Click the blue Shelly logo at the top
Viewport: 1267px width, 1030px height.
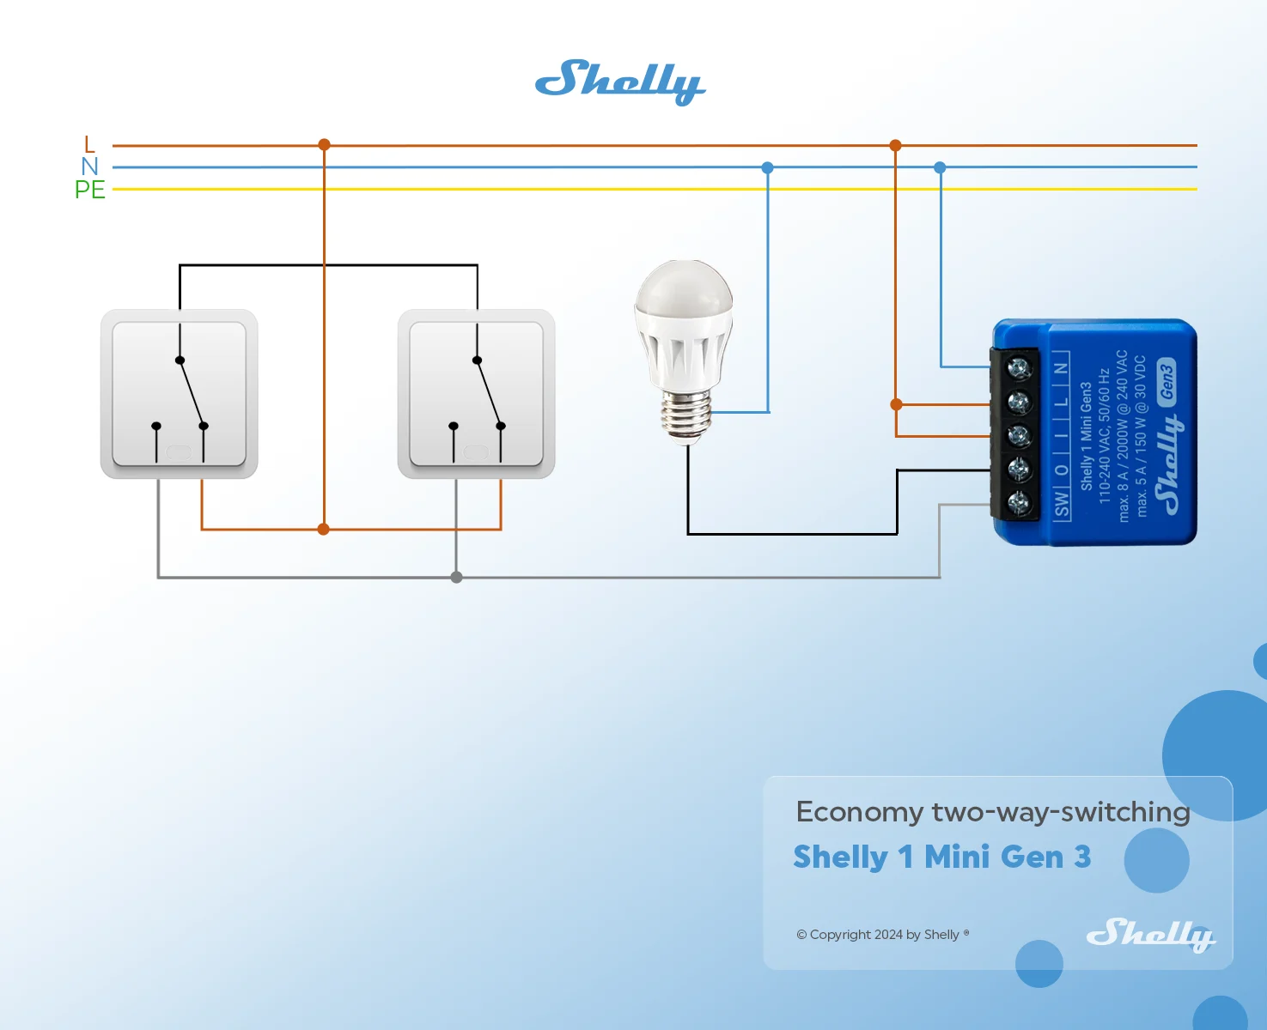pos(620,82)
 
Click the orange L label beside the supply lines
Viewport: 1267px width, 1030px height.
pos(89,144)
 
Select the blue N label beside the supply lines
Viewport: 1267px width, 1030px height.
pos(90,167)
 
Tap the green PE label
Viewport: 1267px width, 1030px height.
pos(90,190)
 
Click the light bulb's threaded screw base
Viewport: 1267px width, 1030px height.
pos(685,417)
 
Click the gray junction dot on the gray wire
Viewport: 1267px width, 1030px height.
pos(456,577)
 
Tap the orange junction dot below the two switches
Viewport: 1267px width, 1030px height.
pos(324,529)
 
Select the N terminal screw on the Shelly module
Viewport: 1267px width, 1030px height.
pos(1019,368)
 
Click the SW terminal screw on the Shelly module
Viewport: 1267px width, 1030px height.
pos(1019,504)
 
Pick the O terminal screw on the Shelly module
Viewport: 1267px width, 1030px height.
pos(1019,470)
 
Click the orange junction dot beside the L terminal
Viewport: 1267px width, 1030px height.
pos(897,405)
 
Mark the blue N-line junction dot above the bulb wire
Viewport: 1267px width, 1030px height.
pos(768,167)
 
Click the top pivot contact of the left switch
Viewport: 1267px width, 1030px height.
pos(180,360)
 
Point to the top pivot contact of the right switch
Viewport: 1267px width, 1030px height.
pos(477,360)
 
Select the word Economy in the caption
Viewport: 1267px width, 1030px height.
pos(860,813)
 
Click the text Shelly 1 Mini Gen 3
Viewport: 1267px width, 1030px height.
pos(942,857)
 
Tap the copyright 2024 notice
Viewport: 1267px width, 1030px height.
pos(883,935)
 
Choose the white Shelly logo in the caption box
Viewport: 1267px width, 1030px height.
pos(1152,935)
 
